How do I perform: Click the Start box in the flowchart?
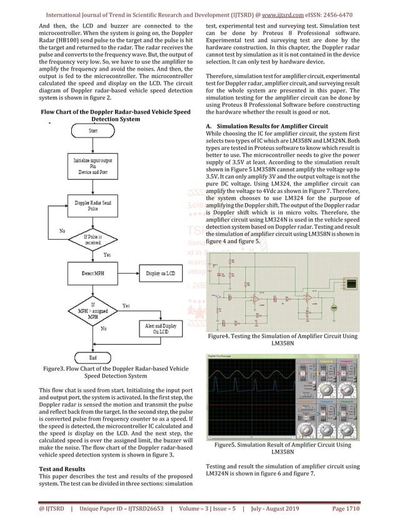pyautogui.click(x=93, y=131)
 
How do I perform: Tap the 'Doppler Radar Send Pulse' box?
pyautogui.click(x=93, y=207)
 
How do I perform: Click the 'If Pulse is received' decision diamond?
pyautogui.click(x=93, y=240)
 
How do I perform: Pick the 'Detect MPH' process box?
pyautogui.click(x=93, y=273)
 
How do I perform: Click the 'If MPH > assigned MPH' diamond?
pyautogui.click(x=93, y=310)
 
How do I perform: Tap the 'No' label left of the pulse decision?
pyautogui.click(x=63, y=231)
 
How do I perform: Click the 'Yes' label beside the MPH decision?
pyautogui.click(x=126, y=305)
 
